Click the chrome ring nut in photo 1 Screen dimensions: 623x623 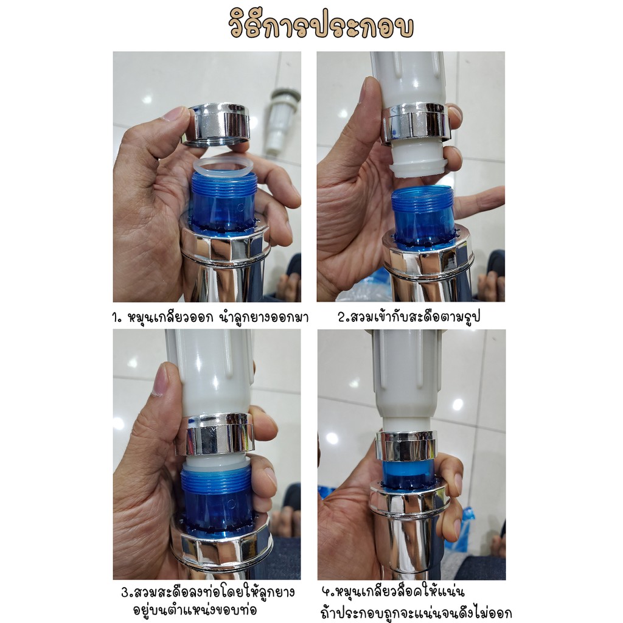217,125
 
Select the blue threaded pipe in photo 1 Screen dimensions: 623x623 224,203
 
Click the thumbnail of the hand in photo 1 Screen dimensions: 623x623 178,114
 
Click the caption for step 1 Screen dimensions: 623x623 211,318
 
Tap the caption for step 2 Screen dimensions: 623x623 409,317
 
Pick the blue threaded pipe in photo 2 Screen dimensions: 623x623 422,217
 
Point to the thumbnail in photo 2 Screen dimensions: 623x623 367,91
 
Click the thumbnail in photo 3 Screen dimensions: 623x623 161,379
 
